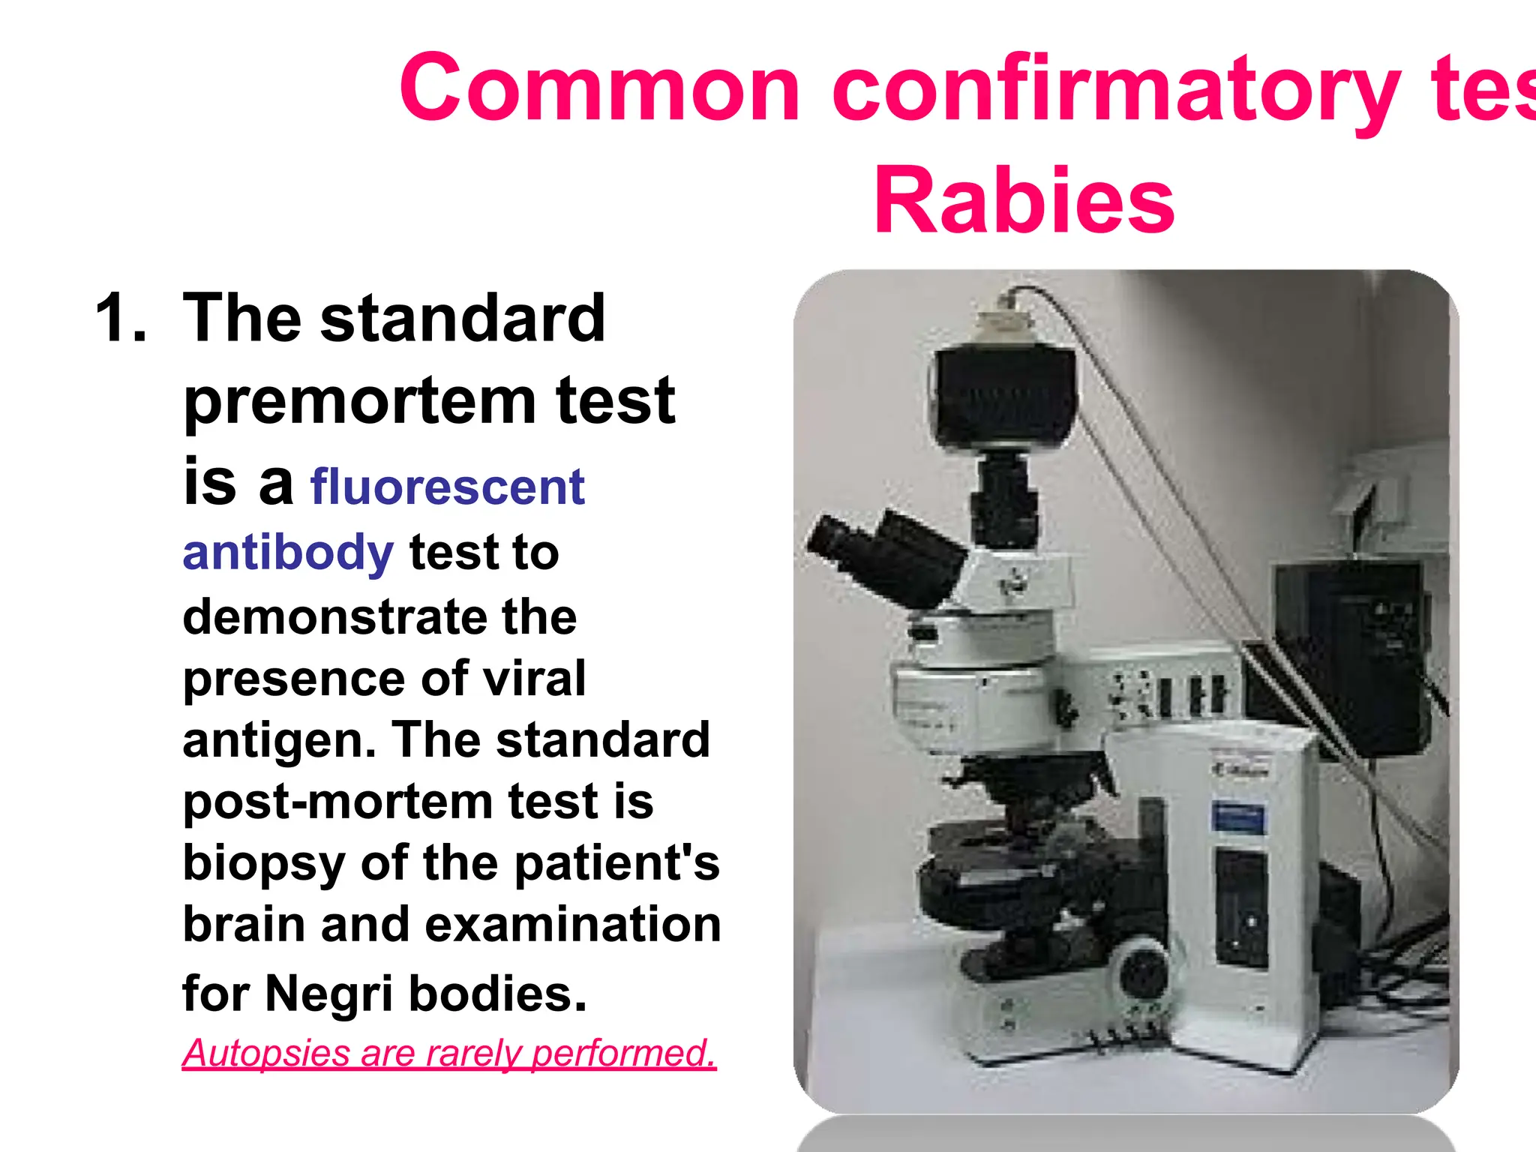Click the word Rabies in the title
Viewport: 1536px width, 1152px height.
[1024, 201]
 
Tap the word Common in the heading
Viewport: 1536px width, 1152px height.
[600, 88]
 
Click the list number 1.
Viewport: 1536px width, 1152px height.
[120, 318]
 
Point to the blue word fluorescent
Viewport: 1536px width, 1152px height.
[447, 487]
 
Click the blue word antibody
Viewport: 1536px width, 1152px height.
[288, 553]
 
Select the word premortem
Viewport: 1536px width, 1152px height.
[358, 402]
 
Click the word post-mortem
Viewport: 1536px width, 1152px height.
[337, 802]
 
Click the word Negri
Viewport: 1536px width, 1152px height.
[328, 993]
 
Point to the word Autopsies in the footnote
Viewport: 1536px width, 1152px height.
[266, 1053]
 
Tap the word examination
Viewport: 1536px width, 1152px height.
[573, 924]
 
